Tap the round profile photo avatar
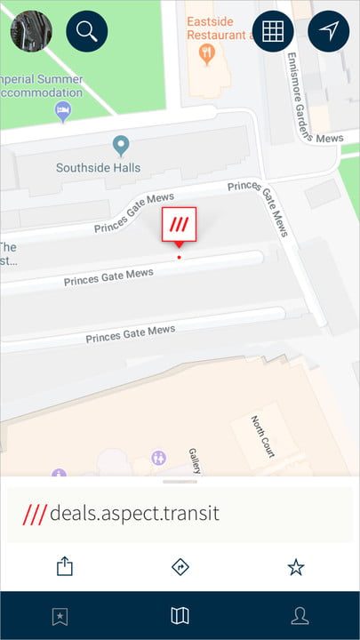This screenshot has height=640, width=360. [31, 31]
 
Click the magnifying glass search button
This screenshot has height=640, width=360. [87, 31]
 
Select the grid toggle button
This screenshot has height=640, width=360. [273, 31]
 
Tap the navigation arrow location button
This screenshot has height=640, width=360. [329, 31]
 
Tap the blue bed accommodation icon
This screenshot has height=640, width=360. [63, 110]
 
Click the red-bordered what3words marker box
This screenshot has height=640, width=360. [179, 225]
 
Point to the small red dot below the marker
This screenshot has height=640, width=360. [179, 258]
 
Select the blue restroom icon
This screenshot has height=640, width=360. [159, 458]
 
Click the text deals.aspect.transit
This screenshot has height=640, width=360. [134, 514]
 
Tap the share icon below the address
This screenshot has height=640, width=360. [64, 566]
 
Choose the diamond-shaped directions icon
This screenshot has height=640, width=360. [180, 566]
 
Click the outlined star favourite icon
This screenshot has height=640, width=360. [296, 566]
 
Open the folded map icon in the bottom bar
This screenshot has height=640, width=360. [180, 616]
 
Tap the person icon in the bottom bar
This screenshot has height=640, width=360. [300, 616]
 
